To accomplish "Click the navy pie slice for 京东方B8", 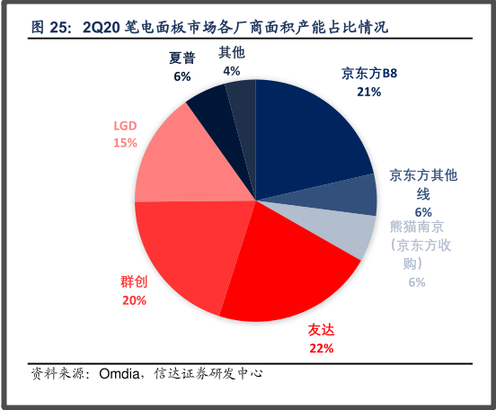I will pos(310,135).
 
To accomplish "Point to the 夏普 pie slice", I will pos(208,103).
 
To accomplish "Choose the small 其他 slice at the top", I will pos(241,97).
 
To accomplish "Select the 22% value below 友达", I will pos(321,348).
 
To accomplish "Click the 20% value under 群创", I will pos(134,300).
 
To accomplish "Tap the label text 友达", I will pos(321,331).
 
